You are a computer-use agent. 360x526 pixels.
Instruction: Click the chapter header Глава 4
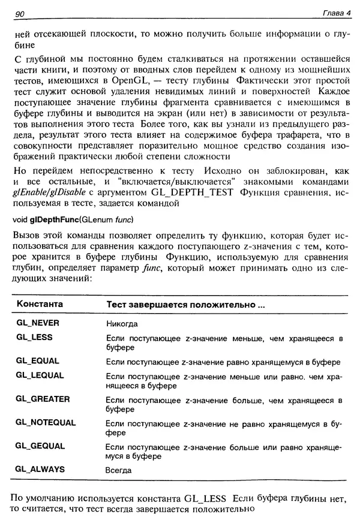pyautogui.click(x=331, y=14)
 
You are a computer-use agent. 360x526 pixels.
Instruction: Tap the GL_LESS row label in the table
pyautogui.click(x=34, y=338)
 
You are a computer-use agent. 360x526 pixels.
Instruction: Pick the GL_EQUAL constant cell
pyautogui.click(x=38, y=362)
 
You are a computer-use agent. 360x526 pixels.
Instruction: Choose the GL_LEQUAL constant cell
pyautogui.click(x=40, y=375)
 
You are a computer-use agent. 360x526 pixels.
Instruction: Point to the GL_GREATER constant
pyautogui.click(x=43, y=399)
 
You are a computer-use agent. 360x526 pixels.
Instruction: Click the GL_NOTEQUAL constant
pyautogui.click(x=46, y=423)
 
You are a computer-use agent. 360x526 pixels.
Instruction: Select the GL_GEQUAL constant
pyautogui.click(x=41, y=447)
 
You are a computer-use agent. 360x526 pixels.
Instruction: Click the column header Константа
pyautogui.click(x=40, y=305)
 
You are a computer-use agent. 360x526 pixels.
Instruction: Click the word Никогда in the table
pyautogui.click(x=122, y=323)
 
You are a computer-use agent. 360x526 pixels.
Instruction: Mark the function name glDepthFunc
pyautogui.click(x=52, y=219)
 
